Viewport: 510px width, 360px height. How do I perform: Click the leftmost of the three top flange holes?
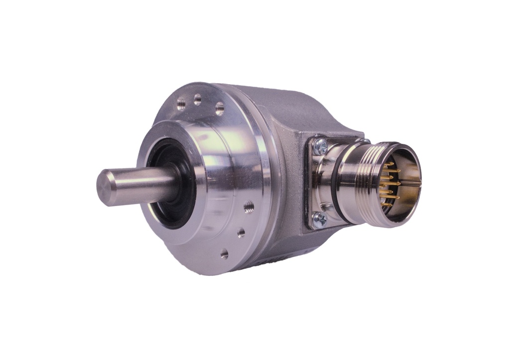(181, 105)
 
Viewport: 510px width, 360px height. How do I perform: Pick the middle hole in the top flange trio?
(198, 99)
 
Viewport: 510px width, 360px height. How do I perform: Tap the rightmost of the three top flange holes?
(219, 108)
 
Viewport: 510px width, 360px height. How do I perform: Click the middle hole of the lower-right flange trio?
(241, 232)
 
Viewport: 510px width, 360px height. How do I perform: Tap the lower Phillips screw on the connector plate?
(319, 218)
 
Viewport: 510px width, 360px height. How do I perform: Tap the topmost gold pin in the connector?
(389, 164)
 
